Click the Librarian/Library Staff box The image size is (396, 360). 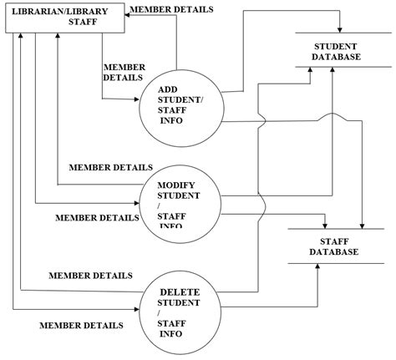64,18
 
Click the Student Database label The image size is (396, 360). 337,51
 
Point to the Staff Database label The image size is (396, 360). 333,246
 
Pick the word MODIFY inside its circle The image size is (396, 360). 179,183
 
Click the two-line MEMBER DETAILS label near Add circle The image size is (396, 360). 124,72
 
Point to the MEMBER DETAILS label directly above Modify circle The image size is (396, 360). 110,167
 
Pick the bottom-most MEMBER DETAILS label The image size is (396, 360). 81,325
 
